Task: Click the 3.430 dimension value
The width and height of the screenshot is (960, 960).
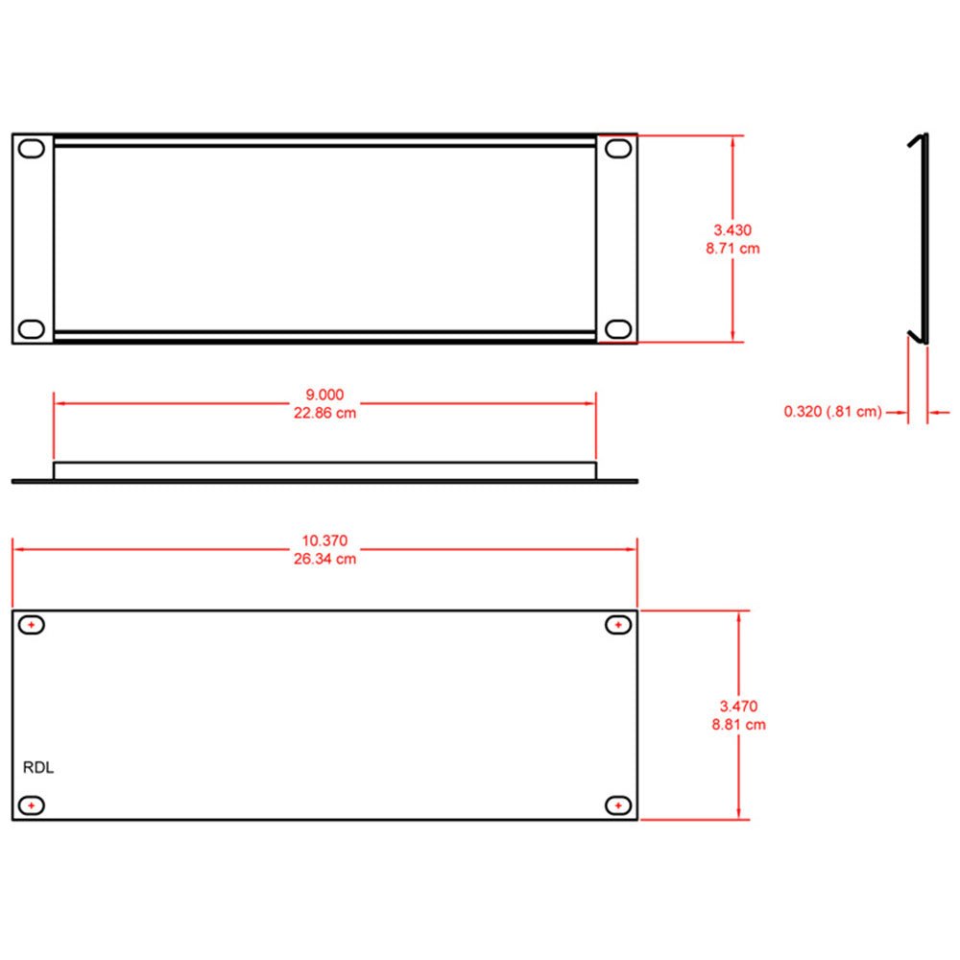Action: coord(732,230)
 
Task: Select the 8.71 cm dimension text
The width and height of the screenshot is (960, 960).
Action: coord(732,249)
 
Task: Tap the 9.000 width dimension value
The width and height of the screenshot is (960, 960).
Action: coord(324,395)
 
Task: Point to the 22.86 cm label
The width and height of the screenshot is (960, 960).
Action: coord(324,413)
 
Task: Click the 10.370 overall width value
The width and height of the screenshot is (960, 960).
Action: coord(324,540)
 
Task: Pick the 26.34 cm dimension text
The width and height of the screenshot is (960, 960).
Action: coord(324,559)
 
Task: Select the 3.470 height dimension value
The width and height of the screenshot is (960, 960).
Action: coord(738,707)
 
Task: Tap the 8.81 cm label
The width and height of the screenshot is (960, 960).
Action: coord(738,725)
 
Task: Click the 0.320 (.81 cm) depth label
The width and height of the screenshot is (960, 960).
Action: coord(832,412)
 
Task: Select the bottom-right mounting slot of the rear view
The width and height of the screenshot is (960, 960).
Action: coord(618,329)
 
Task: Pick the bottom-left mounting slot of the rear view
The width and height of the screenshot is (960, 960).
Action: coord(33,329)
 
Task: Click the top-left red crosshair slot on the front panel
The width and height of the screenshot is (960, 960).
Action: coord(33,625)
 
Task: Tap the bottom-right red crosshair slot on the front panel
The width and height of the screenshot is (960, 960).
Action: coord(619,804)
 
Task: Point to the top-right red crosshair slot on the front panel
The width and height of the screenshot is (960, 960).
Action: coord(619,625)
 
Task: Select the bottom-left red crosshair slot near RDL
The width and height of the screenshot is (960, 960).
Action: coord(33,804)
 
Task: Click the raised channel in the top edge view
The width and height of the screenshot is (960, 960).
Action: coord(324,470)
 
